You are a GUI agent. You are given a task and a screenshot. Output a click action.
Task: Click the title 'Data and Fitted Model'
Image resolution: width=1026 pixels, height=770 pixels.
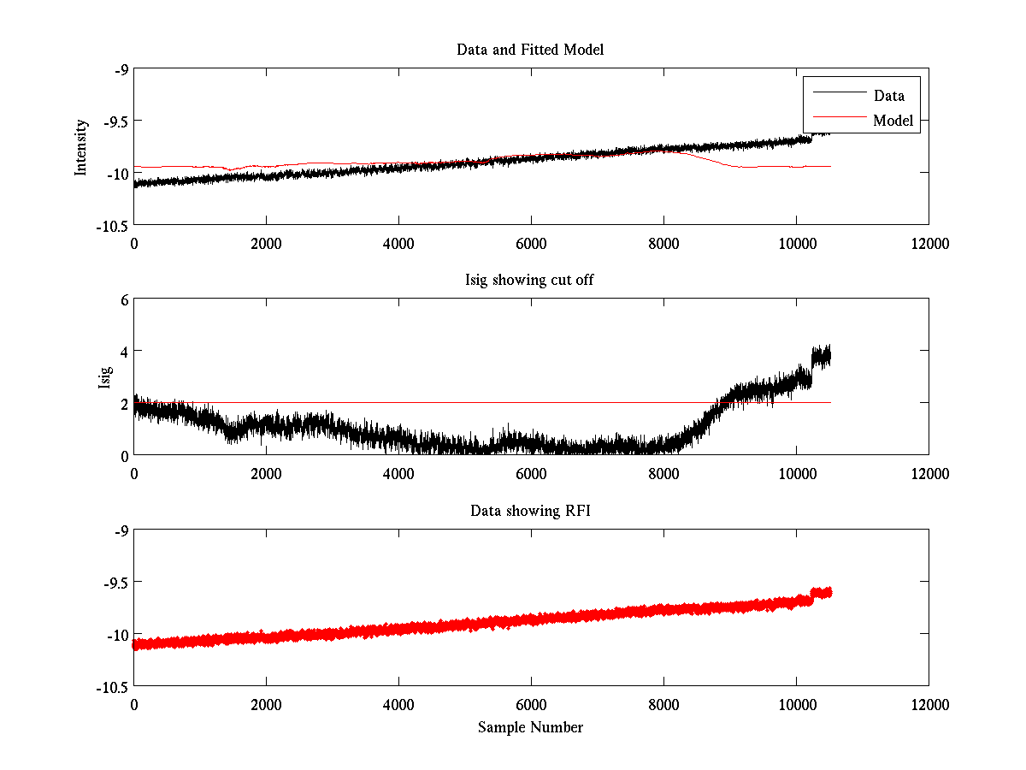click(x=530, y=50)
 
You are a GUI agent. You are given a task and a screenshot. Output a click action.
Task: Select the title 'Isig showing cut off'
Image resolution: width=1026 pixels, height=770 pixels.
click(x=530, y=281)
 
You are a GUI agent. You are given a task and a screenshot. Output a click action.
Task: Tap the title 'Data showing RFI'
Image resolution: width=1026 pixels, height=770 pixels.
click(x=530, y=511)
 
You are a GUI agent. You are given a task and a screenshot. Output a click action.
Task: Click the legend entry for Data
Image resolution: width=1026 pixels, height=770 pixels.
click(x=888, y=95)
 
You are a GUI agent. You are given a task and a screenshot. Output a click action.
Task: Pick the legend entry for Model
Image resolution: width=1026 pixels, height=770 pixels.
click(x=893, y=121)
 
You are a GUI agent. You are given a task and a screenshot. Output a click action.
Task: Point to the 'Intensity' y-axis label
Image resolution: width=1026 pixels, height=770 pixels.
click(x=81, y=146)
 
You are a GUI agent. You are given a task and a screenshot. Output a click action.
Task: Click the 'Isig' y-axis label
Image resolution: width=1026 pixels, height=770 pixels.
click(x=104, y=377)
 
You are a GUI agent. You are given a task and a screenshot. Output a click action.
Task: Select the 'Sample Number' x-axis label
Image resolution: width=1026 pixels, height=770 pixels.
click(x=530, y=727)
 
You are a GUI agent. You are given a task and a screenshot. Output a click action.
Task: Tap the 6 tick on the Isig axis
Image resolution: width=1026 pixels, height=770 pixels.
click(x=124, y=299)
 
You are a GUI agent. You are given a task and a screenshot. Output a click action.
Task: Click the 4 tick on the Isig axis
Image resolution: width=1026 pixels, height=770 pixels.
click(x=124, y=351)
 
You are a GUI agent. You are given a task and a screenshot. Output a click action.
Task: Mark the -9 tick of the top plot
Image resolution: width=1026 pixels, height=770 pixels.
click(x=121, y=69)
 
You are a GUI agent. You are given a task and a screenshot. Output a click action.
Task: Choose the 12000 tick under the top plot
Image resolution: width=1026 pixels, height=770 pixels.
click(x=929, y=243)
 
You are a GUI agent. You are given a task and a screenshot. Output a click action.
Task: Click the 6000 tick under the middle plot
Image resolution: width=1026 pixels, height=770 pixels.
click(x=531, y=473)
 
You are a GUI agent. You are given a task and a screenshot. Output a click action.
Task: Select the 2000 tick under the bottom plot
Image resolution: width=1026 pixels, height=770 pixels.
click(x=266, y=704)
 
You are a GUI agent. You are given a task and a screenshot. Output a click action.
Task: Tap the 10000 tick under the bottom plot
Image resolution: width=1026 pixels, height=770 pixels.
click(x=796, y=704)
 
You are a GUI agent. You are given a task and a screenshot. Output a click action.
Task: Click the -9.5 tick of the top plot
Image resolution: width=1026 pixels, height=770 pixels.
click(x=115, y=121)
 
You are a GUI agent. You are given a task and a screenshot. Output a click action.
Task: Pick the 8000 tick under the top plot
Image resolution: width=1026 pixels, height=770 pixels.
click(x=663, y=243)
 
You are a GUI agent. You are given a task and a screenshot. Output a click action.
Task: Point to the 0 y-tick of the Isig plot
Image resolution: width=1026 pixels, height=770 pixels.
click(x=124, y=454)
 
